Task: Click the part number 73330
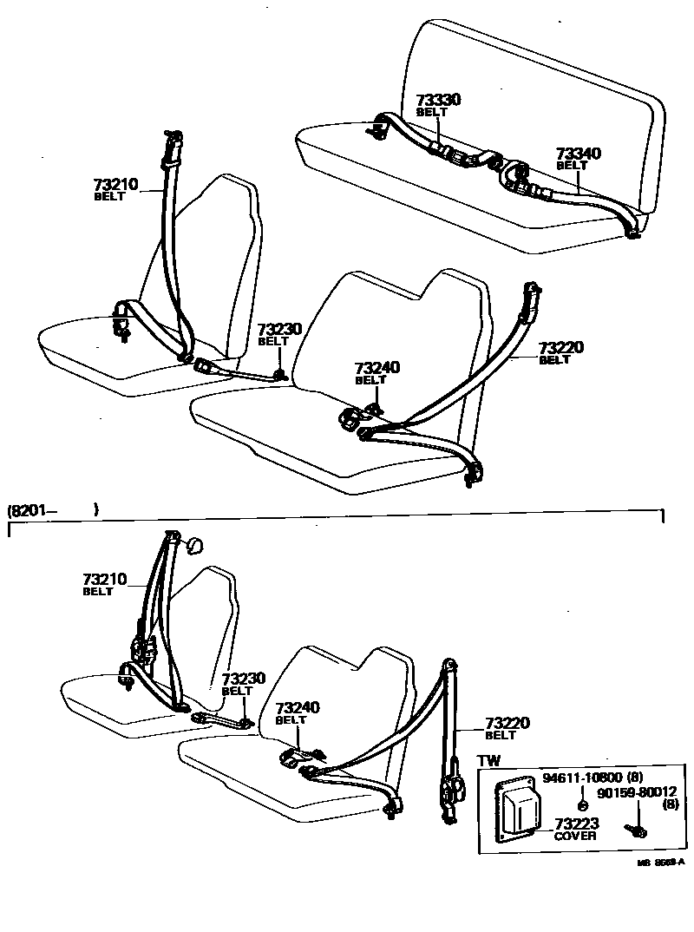click(x=438, y=101)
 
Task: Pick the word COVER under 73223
click(x=575, y=836)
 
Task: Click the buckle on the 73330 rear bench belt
click(x=451, y=156)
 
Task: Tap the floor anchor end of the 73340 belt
click(x=632, y=229)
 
